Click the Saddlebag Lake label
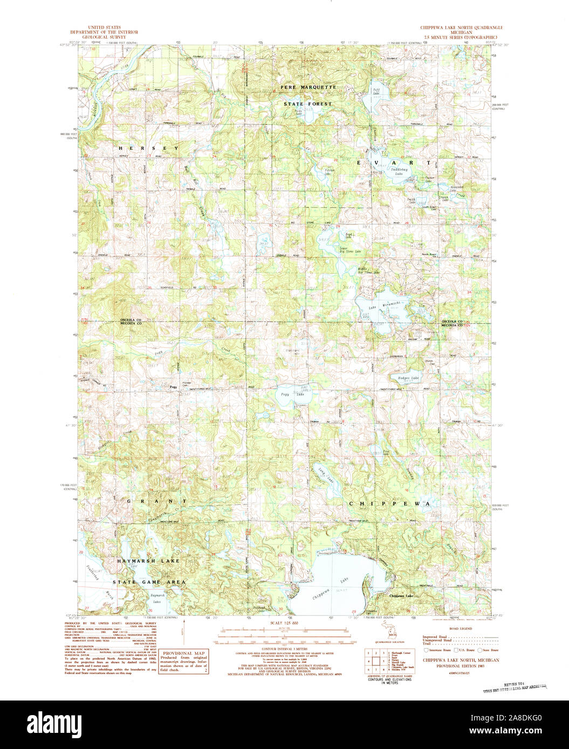pos(400,171)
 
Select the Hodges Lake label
pos(408,378)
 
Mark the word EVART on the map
pos(394,162)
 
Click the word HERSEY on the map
pos(148,148)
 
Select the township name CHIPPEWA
pos(389,503)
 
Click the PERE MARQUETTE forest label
pos(308,87)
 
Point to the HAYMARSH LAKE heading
pos(149,561)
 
